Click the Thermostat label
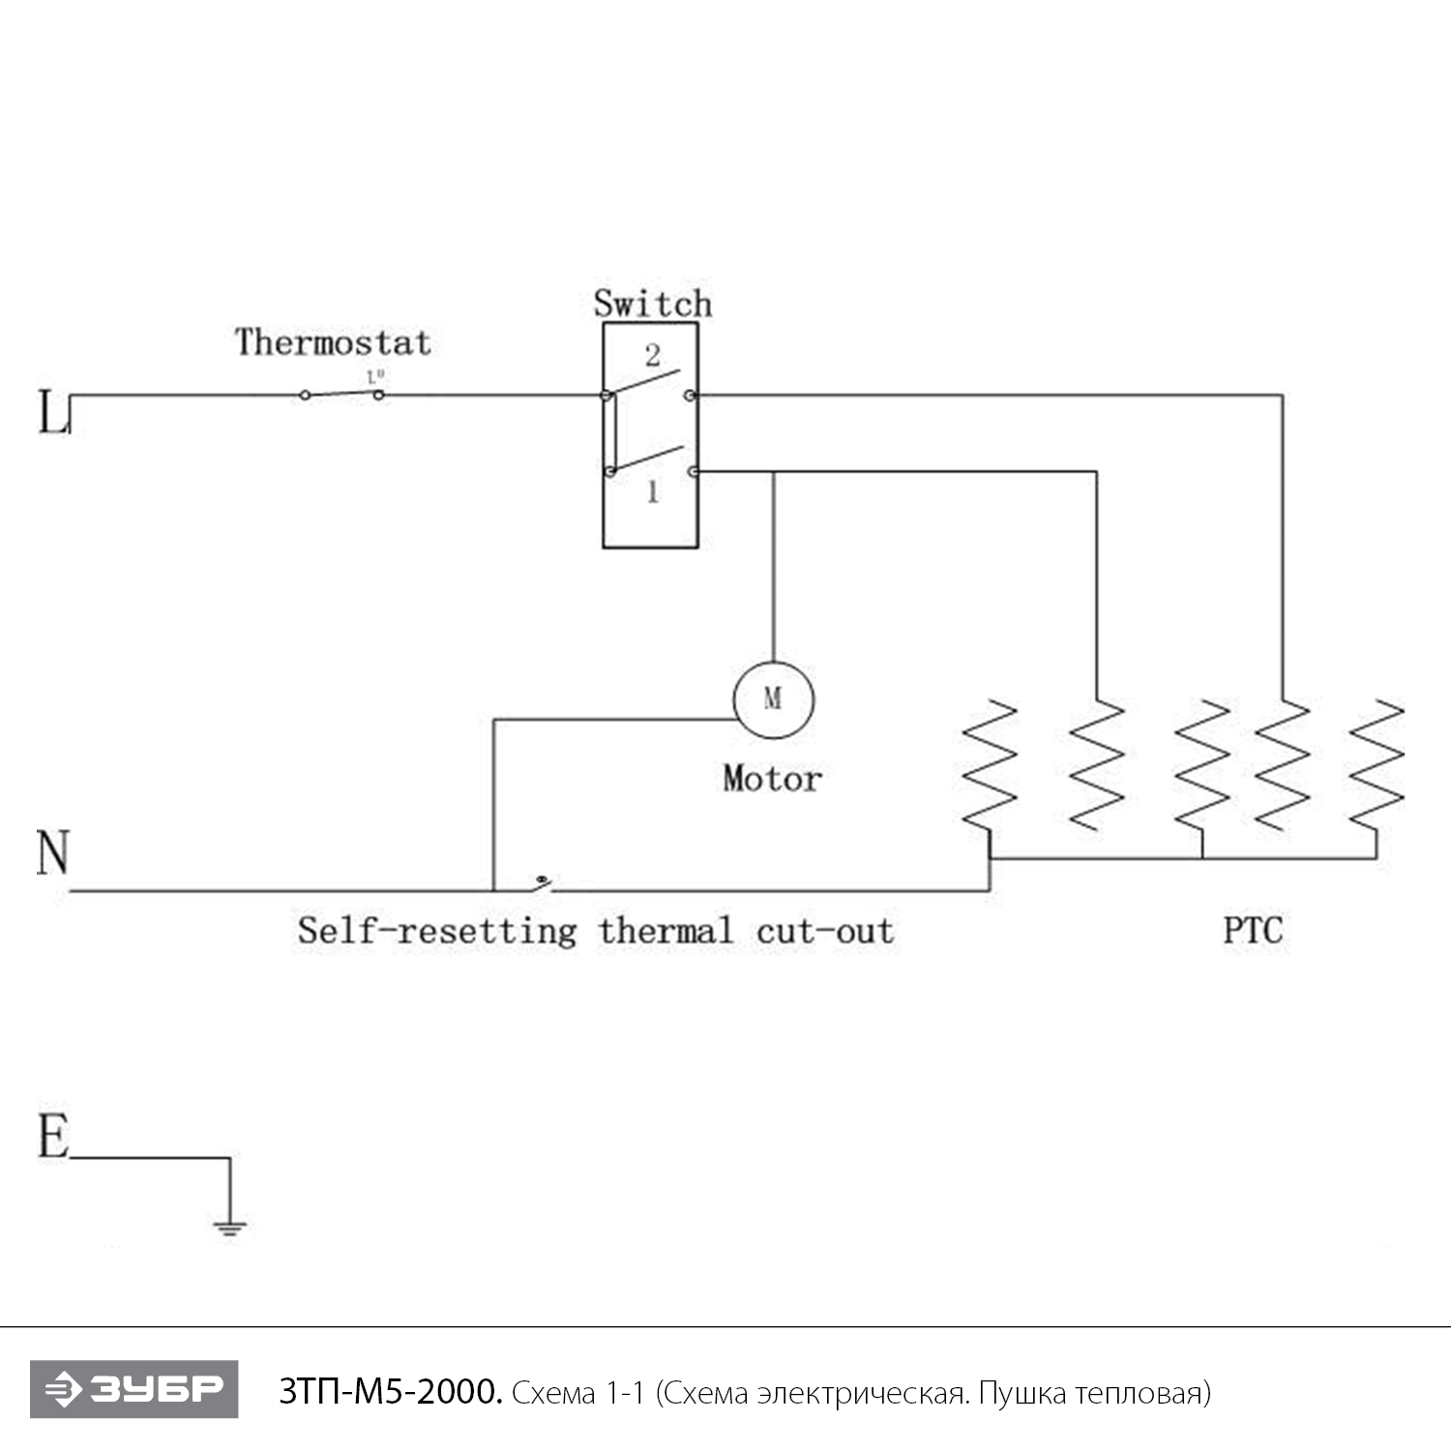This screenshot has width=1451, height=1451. pos(333,342)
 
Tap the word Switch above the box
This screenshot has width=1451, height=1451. pos(653,304)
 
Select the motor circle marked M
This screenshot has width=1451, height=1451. pos(773,699)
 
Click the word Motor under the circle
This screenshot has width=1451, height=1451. pos(772,779)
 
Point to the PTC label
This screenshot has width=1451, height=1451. pos(1253,931)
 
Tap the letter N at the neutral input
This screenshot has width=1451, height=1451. pos(53,853)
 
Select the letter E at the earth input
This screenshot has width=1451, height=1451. pos(53,1136)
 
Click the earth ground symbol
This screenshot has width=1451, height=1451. pos(229,1227)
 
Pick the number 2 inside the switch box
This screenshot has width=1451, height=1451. pos(653,355)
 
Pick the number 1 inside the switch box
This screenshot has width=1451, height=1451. pos(653,492)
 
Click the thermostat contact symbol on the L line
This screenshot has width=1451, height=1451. pos(341,393)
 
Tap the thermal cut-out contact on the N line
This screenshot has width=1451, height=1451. pos(543,882)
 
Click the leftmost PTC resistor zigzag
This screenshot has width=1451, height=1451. pos(990,764)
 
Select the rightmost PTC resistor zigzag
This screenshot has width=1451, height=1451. pos(1376,764)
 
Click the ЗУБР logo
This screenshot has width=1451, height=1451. pos(133,1389)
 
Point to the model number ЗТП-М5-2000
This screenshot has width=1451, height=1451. pos(390,1392)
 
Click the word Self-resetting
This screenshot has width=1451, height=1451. pos(436,931)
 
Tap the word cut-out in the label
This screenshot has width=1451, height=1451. pos(825,931)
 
